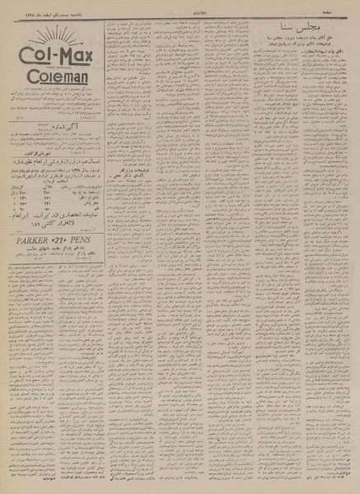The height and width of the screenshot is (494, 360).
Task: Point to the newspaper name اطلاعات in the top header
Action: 180,8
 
